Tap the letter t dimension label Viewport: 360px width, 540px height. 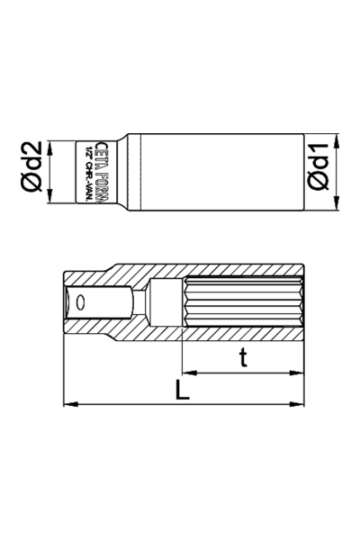pyautogui.click(x=242, y=358)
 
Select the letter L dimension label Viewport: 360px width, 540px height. pyautogui.click(x=181, y=390)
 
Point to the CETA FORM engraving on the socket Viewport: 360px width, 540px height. pyautogui.click(x=100, y=170)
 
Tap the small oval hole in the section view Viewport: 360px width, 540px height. pyautogui.click(x=82, y=302)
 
